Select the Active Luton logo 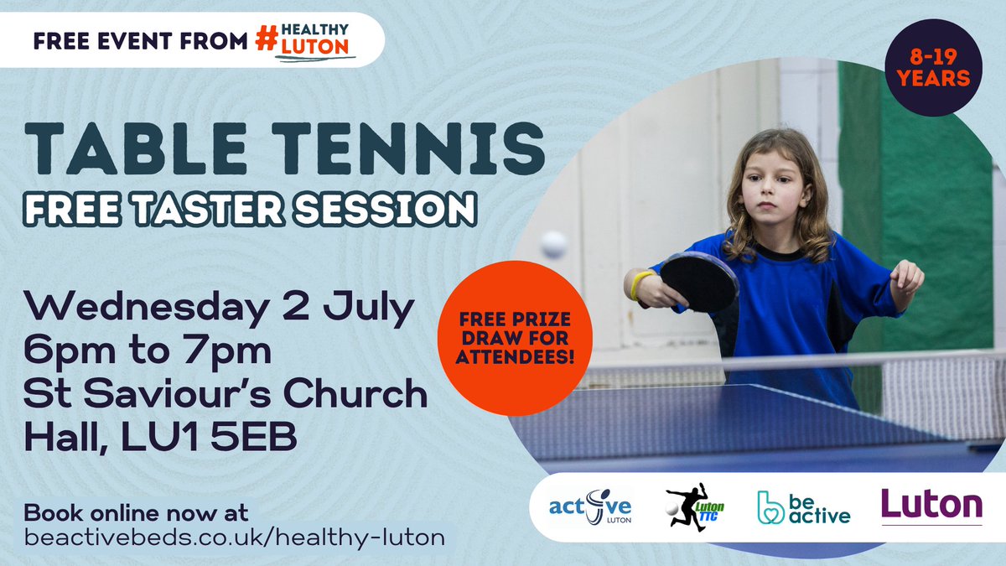click(590, 508)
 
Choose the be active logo click(802, 507)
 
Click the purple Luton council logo click(931, 506)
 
